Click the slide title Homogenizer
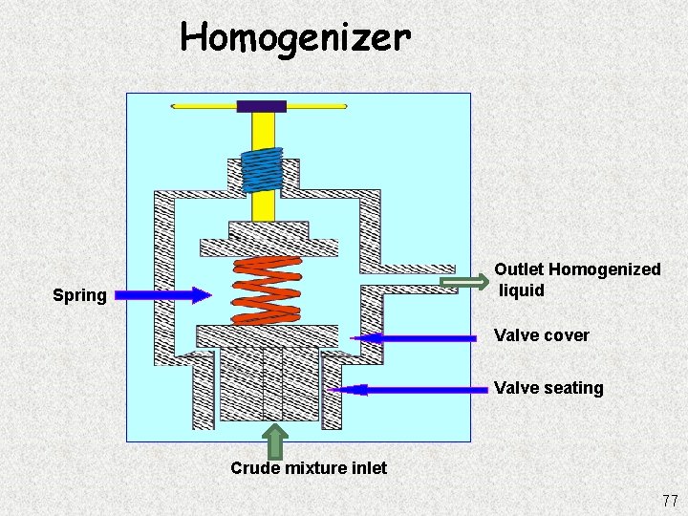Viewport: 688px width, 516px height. pos(295,37)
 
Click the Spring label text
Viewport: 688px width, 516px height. pos(79,295)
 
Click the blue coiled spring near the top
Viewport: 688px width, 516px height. pos(262,170)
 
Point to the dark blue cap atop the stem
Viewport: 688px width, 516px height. pos(262,106)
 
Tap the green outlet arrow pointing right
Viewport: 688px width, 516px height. pos(463,282)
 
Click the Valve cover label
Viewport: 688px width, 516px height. pos(542,335)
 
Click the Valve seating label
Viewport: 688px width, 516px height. pos(548,388)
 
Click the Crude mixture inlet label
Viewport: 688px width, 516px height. pos(309,467)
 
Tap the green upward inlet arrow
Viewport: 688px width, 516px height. pos(275,441)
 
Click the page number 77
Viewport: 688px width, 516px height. pos(668,501)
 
